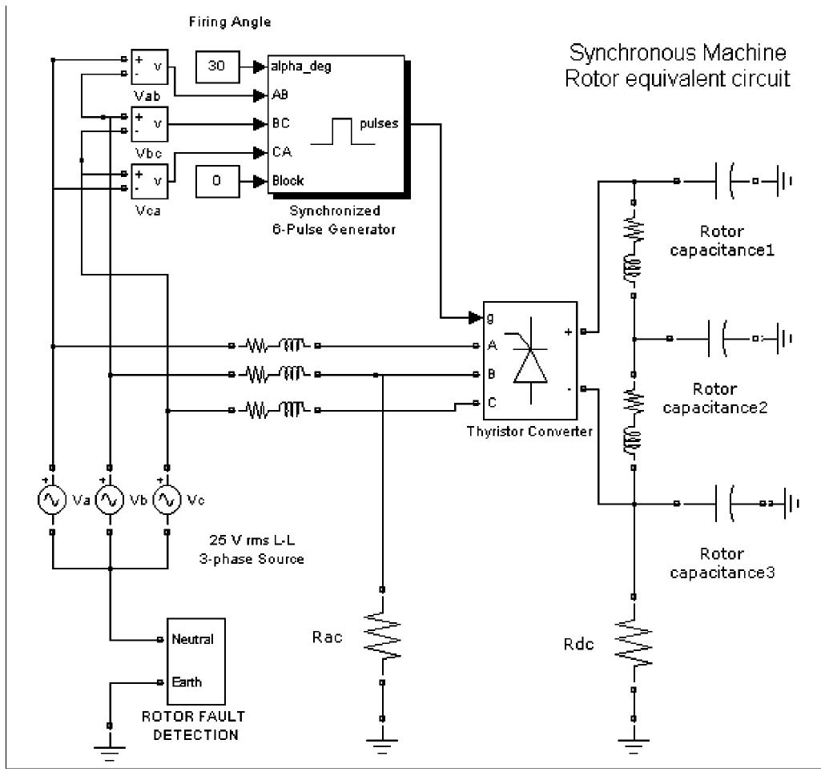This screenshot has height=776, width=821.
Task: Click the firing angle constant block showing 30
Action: pyautogui.click(x=216, y=67)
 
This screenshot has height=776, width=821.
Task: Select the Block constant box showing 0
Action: pyautogui.click(x=216, y=181)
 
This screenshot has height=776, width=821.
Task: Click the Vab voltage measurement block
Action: pyautogui.click(x=150, y=67)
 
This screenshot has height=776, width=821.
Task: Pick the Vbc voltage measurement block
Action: pyautogui.click(x=150, y=124)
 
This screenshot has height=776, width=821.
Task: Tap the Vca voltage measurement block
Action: pyautogui.click(x=150, y=181)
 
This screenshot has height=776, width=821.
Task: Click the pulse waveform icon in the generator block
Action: pyautogui.click(x=343, y=131)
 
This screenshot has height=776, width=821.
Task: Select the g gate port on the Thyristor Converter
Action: pyautogui.click(x=489, y=318)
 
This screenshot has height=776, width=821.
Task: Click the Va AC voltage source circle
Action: pyautogui.click(x=52, y=499)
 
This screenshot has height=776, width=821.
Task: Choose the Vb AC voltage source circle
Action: pyautogui.click(x=110, y=499)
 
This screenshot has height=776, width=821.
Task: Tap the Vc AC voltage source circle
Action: pyautogui.click(x=167, y=499)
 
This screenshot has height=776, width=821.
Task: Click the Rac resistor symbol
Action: pyautogui.click(x=383, y=636)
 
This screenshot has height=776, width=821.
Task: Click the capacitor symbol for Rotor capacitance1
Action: pyautogui.click(x=724, y=181)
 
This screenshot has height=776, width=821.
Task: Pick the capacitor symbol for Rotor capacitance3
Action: pyautogui.click(x=724, y=504)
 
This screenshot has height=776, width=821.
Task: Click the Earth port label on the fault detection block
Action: pyautogui.click(x=187, y=682)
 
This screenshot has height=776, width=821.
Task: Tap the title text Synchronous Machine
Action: pyautogui.click(x=678, y=54)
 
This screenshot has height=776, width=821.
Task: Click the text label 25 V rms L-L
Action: pyautogui.click(x=251, y=541)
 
